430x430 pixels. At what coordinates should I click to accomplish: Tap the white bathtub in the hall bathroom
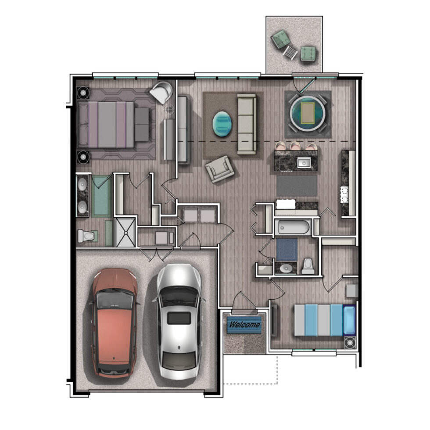[294, 228]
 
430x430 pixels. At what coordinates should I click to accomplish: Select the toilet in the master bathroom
[86, 236]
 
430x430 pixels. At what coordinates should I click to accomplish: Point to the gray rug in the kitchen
[297, 186]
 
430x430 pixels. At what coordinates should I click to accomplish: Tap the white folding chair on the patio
[290, 52]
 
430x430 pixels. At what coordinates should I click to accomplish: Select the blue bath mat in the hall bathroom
[287, 249]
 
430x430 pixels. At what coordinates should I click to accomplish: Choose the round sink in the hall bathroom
[286, 267]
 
